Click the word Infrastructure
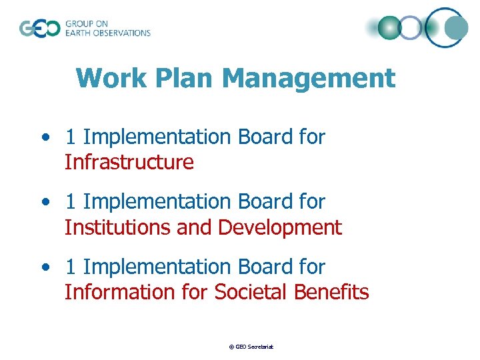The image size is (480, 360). point(129,162)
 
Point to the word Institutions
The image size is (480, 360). point(117,227)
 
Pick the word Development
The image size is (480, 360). point(279,227)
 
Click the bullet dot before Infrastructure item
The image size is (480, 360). point(45,137)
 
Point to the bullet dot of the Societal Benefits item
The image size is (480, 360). point(45,267)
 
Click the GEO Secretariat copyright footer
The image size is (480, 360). point(251,347)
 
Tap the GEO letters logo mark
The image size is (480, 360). point(39,29)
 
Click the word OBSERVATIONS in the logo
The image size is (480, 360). point(124,33)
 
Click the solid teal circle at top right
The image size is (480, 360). point(457,28)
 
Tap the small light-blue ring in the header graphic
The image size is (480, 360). point(411,27)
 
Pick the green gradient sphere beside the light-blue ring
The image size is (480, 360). point(389,27)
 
